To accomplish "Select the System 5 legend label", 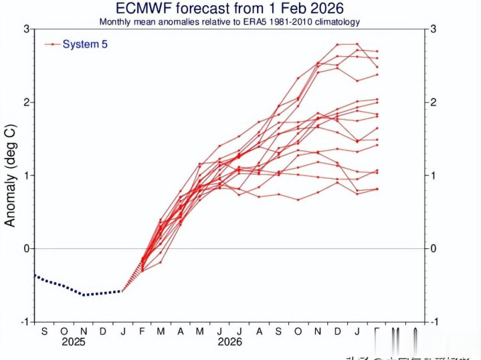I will pyautogui.click(x=85, y=44).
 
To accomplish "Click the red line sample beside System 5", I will pyautogui.click(x=52, y=44).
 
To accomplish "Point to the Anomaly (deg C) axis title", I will pyautogui.click(x=11, y=174).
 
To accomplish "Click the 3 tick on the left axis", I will pyautogui.click(x=25, y=29).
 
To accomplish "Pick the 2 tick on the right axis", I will pyautogui.click(x=435, y=102).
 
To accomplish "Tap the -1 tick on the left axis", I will pyautogui.click(x=23, y=321).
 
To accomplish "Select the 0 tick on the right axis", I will pyautogui.click(x=435, y=248).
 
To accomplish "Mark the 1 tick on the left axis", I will pyautogui.click(x=25, y=175).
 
